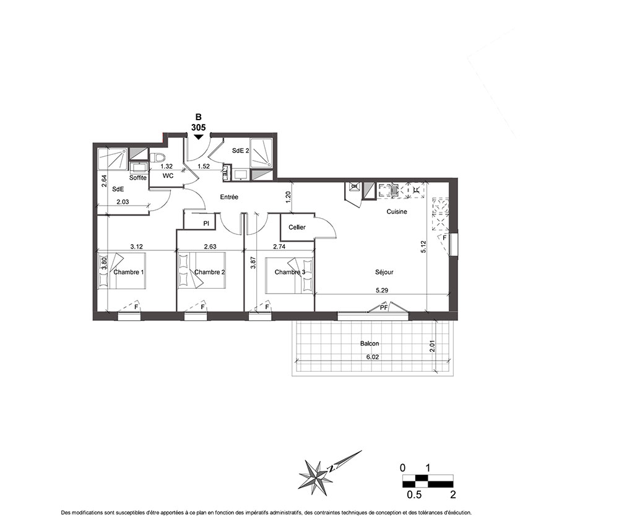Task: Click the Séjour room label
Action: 384,272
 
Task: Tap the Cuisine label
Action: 397,212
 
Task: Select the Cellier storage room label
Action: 297,227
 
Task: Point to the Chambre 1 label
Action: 129,272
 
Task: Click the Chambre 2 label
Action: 210,272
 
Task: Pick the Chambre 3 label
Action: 290,272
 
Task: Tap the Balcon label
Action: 370,344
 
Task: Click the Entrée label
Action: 229,197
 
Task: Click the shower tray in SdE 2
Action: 261,153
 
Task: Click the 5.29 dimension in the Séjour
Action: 382,291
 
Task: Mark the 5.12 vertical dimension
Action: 423,247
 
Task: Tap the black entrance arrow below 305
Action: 198,137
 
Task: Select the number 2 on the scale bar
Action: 453,494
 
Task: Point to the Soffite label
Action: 138,178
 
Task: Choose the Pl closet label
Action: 206,224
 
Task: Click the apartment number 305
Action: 198,128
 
